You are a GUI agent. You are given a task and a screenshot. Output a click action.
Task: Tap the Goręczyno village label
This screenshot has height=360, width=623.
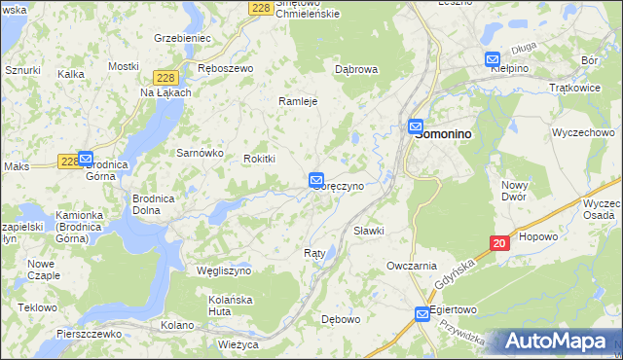pyautogui.click(x=340, y=185)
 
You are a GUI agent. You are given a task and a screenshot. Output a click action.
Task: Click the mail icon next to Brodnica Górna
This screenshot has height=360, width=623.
pyautogui.click(x=85, y=158)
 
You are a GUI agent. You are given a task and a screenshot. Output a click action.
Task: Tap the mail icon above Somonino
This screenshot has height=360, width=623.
pyautogui.click(x=416, y=126)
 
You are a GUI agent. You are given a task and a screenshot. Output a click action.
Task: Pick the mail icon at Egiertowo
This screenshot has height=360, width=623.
pyautogui.click(x=422, y=313)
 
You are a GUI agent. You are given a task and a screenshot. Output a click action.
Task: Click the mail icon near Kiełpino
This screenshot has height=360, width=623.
pyautogui.click(x=493, y=59)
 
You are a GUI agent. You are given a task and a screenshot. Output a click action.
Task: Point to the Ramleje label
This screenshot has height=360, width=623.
pyautogui.click(x=298, y=101)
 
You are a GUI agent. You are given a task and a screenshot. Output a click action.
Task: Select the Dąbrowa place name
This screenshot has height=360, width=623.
pyautogui.click(x=355, y=70)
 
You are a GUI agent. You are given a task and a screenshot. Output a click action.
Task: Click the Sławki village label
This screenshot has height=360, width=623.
pyautogui.click(x=369, y=231)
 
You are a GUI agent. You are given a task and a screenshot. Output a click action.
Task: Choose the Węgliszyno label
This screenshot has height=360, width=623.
pyautogui.click(x=224, y=270)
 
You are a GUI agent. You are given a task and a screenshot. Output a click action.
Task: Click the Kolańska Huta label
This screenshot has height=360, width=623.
pyautogui.click(x=232, y=305)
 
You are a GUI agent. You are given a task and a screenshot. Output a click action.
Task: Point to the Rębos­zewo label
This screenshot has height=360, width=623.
pyautogui.click(x=225, y=69)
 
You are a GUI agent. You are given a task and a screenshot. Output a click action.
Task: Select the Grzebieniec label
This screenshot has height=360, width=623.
pyautogui.click(x=182, y=38)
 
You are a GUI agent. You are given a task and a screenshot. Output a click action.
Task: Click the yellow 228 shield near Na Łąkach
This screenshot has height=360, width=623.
pyautogui.click(x=165, y=77)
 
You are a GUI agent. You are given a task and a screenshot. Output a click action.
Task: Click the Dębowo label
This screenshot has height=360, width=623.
pyautogui.click(x=341, y=318)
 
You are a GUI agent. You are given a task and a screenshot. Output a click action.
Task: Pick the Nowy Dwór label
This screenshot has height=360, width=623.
pyautogui.click(x=514, y=191)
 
